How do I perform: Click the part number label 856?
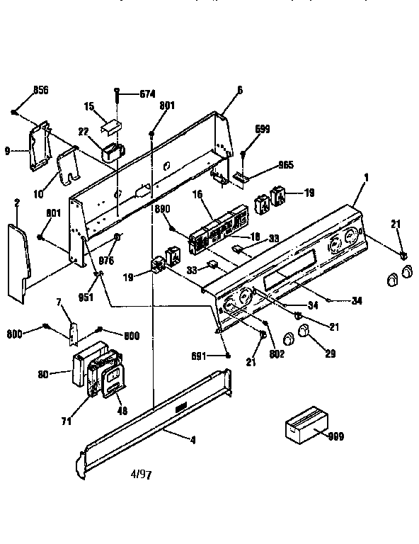(41, 90)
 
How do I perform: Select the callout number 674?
(147, 93)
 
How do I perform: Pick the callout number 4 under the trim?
(193, 440)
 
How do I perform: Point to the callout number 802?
(277, 354)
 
